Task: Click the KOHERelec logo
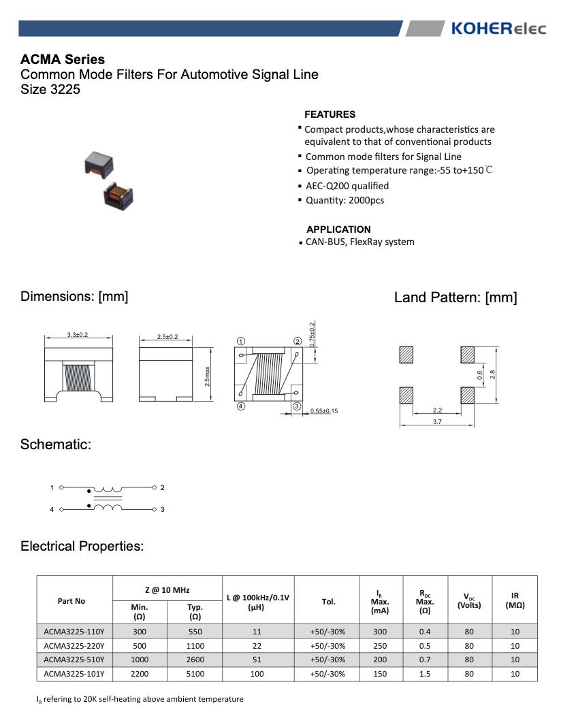[x=498, y=29]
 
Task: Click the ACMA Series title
[x=63, y=60]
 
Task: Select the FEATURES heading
[x=330, y=114]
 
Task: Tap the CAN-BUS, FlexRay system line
[x=359, y=242]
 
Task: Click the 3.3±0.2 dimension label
[x=78, y=335]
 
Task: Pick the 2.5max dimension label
[x=207, y=376]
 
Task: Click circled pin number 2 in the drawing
[x=298, y=341]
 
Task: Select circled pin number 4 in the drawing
[x=241, y=406]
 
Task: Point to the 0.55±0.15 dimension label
[x=324, y=411]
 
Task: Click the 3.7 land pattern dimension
[x=437, y=423]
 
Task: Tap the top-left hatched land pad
[x=406, y=355]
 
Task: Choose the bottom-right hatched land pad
[x=468, y=395]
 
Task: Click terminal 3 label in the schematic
[x=162, y=509]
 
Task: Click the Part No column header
[x=71, y=601]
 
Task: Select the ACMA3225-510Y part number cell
[x=74, y=660]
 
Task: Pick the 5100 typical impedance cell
[x=195, y=674]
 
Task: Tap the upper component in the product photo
[x=98, y=162]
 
